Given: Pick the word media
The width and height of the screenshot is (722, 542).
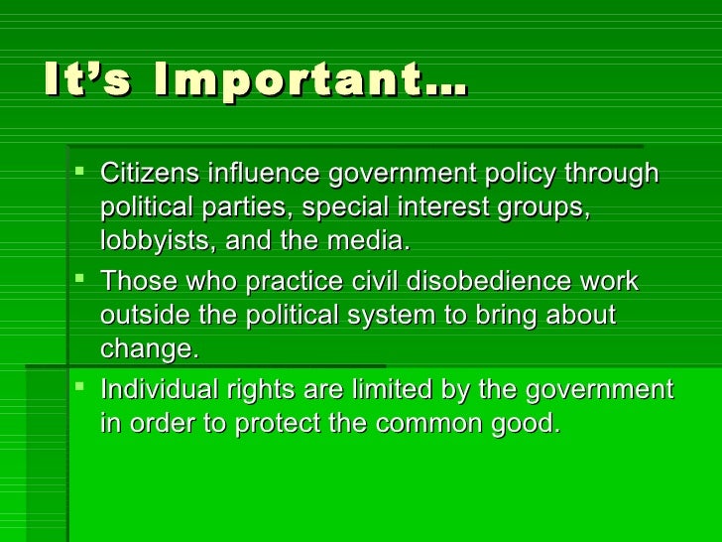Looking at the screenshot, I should pos(374,241).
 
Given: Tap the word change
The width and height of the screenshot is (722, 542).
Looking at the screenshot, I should pos(145,349).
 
